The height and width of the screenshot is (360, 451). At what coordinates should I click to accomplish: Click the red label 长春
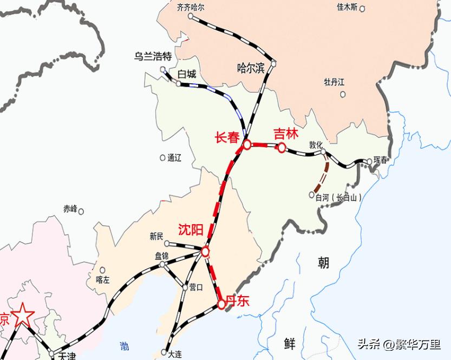tap(227, 139)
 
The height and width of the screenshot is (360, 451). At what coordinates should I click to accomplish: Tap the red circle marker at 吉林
tap(282, 147)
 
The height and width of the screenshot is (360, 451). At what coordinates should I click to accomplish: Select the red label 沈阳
tap(191, 230)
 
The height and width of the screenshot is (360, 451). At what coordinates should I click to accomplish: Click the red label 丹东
tap(238, 302)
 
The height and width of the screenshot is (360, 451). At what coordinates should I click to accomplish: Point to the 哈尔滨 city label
tap(251, 68)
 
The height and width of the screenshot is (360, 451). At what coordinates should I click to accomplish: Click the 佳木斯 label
tap(347, 7)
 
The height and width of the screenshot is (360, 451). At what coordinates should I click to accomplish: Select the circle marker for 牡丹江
tap(343, 94)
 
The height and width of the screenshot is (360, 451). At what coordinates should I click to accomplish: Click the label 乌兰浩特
tap(153, 56)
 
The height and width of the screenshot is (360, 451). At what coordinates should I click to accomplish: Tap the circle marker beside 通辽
tap(162, 158)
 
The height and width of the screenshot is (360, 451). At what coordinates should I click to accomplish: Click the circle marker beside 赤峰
tap(81, 211)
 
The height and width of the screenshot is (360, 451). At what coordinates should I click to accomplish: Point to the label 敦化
tap(316, 145)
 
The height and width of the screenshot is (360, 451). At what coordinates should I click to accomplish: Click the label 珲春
tap(381, 161)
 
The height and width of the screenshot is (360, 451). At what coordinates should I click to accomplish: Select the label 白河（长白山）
tap(338, 198)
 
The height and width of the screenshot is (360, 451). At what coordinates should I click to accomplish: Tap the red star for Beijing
tap(23, 315)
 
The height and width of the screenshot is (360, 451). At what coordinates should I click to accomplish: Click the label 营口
tap(195, 287)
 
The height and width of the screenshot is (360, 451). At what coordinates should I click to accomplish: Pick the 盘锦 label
tap(162, 256)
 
